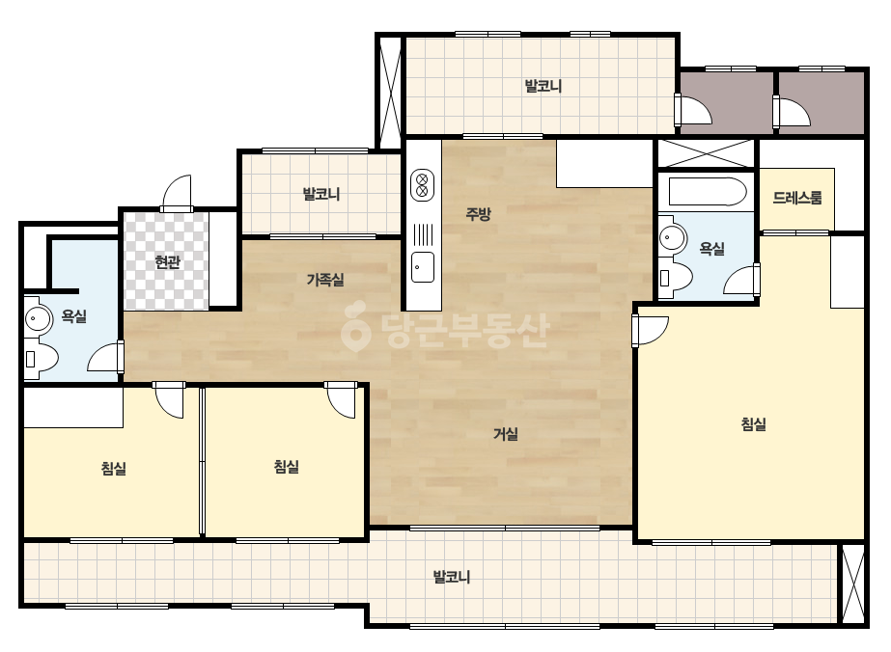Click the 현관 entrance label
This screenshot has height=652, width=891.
[x=168, y=261]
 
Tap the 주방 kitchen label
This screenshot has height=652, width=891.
[x=478, y=213]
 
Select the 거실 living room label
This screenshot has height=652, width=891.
[x=505, y=434]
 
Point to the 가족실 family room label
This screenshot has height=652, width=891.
[x=325, y=280]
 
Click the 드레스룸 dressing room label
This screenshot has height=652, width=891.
[x=797, y=198]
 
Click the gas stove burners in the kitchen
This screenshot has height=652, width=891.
[x=422, y=185]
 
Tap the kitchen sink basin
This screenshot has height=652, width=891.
[x=422, y=267]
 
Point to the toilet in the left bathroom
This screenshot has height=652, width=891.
[x=41, y=359]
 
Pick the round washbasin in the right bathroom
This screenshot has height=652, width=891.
[x=672, y=238]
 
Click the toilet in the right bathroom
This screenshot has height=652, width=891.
[x=675, y=278]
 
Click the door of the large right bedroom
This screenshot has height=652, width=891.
[x=651, y=331]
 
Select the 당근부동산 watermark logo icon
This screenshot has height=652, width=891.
[x=355, y=326]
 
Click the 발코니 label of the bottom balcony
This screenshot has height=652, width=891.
[x=452, y=577]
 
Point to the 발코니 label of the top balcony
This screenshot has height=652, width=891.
[x=543, y=87]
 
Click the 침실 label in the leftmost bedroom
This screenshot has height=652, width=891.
[x=113, y=469]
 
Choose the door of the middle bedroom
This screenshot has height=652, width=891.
[x=341, y=400]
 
